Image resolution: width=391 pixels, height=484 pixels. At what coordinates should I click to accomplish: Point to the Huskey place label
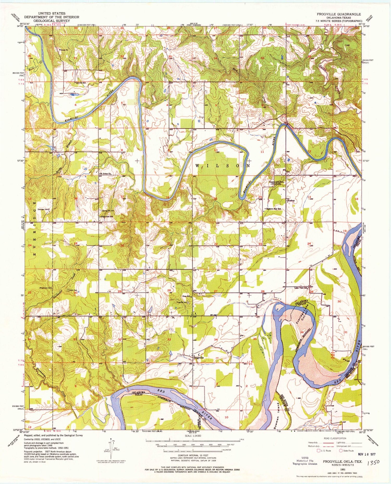pyautogui.click(x=291, y=201)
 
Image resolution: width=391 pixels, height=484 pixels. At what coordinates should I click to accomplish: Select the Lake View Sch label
pyautogui.click(x=301, y=288)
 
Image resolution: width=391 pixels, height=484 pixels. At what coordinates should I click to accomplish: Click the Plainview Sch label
pyautogui.click(x=107, y=216)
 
